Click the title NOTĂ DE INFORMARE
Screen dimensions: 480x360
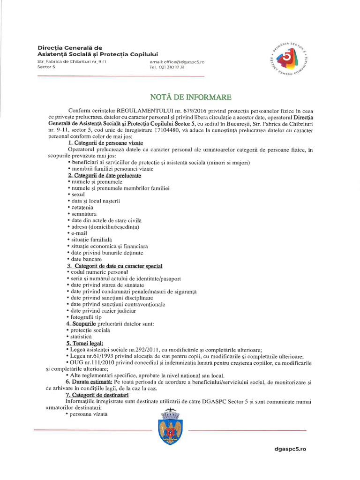pyautogui.click(x=190, y=97)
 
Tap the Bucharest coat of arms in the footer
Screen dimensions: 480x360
pyautogui.click(x=171, y=427)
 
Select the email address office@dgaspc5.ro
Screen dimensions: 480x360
pyautogui.click(x=177, y=61)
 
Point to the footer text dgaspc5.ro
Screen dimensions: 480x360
pyautogui.click(x=290, y=449)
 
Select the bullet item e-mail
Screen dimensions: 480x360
pyautogui.click(x=78, y=233)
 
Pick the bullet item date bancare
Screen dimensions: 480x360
pyautogui.click(x=84, y=259)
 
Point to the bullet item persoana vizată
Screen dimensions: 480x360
pyautogui.click(x=89, y=414)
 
